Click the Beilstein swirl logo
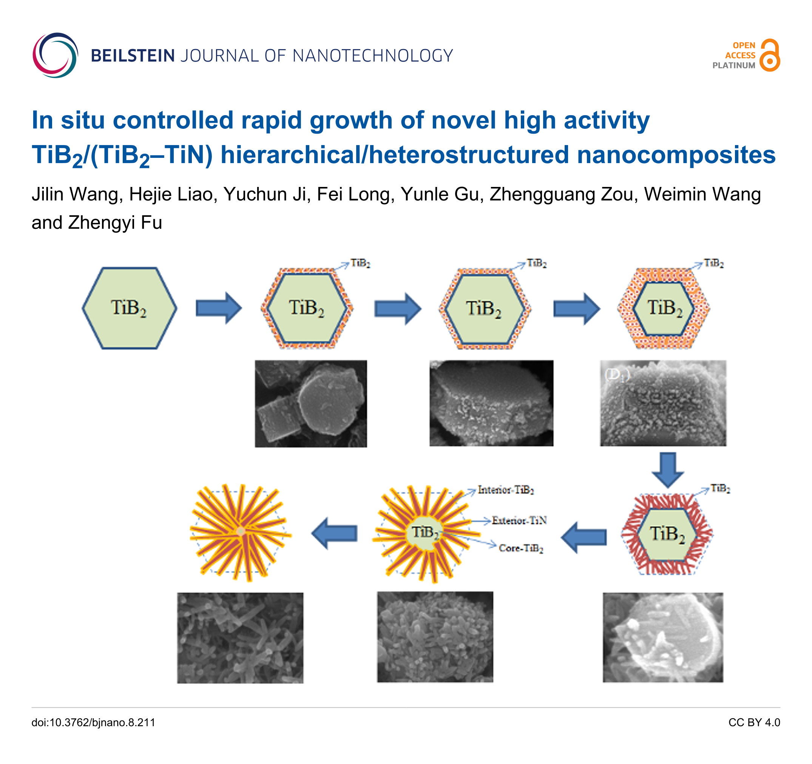55,56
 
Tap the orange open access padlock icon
770,56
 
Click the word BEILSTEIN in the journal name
133,56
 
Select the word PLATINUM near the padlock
733,65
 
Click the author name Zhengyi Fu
115,223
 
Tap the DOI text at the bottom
94,722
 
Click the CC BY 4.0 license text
754,722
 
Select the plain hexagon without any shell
130,308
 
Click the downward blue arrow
667,469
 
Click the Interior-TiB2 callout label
506,489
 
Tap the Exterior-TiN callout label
519,520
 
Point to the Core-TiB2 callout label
521,548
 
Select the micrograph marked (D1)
663,403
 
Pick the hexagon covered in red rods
667,534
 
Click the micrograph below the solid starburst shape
240,638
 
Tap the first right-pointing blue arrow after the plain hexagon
219,308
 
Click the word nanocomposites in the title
676,155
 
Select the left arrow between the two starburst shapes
335,533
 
